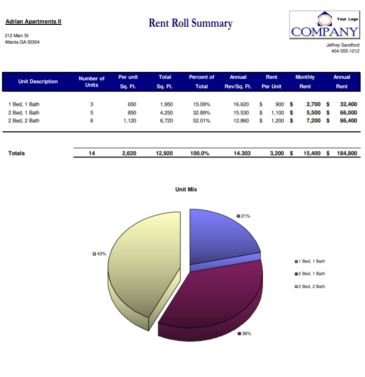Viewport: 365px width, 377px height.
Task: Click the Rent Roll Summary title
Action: coord(190,23)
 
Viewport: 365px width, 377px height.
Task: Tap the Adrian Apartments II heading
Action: coord(33,22)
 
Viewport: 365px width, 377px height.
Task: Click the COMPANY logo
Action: coord(324,26)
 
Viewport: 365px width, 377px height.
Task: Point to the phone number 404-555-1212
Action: coord(345,51)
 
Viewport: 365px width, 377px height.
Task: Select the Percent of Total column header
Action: coord(201,82)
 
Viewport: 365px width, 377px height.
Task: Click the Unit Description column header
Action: coord(38,82)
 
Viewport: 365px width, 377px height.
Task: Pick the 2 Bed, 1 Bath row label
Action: coord(24,112)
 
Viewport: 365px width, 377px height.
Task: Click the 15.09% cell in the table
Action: coord(201,105)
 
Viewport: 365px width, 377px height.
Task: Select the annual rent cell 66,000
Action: coord(348,112)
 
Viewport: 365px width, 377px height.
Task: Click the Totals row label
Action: coord(16,153)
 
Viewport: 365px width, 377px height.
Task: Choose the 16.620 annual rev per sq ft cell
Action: coord(241,105)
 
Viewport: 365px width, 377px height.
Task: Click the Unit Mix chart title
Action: coord(186,189)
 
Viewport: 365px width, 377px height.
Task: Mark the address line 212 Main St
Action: coord(17,36)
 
